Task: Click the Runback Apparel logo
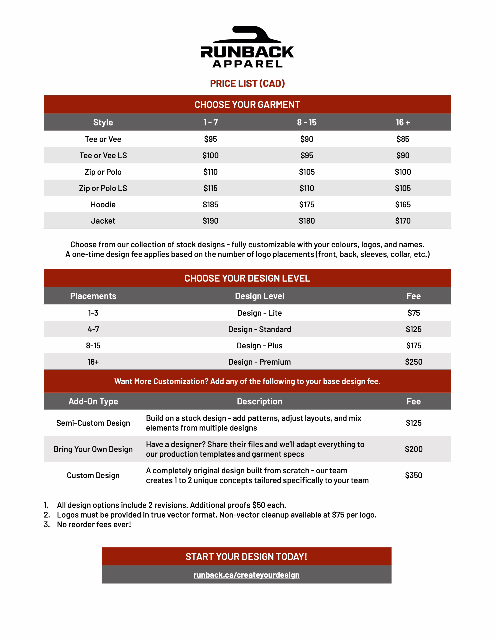(247, 47)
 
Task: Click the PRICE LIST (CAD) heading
(247, 84)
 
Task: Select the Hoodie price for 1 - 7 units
(210, 205)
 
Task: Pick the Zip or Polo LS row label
(103, 188)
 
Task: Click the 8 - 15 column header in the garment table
(307, 122)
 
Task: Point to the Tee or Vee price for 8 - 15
(307, 139)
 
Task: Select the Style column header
(103, 122)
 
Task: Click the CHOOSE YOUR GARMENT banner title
(247, 105)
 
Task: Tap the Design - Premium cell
(259, 362)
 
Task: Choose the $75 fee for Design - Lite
(413, 313)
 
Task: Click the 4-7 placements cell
(93, 329)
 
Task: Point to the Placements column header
(93, 296)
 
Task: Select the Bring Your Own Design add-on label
(93, 449)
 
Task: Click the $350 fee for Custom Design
(413, 475)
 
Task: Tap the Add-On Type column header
(93, 402)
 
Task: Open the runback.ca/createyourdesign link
(246, 575)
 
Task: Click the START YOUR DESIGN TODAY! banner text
(246, 557)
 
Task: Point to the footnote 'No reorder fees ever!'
(94, 525)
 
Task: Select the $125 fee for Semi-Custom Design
(413, 423)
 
